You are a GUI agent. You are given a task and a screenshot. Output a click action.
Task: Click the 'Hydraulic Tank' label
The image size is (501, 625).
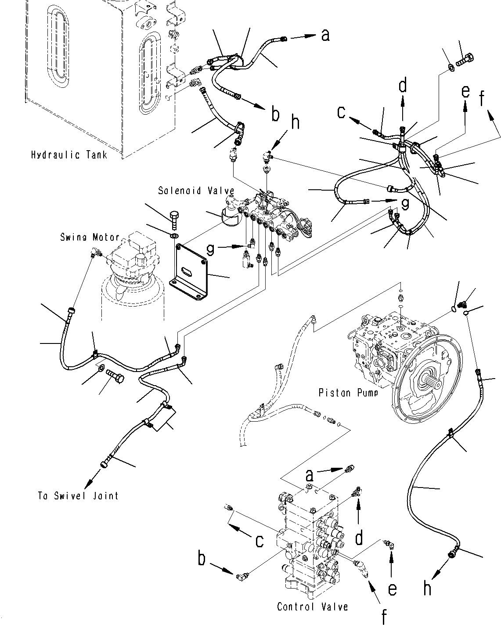(x=69, y=155)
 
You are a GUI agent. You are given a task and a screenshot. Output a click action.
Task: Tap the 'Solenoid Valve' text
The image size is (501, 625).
(x=196, y=191)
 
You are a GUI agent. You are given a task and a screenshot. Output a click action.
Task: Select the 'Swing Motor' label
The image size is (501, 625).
(x=90, y=238)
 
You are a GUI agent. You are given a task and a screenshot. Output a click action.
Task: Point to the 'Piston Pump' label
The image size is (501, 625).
(x=348, y=392)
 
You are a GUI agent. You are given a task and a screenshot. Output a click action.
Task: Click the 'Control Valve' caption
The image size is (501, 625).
(x=312, y=607)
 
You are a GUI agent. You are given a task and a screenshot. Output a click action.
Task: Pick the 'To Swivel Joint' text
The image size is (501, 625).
(x=78, y=496)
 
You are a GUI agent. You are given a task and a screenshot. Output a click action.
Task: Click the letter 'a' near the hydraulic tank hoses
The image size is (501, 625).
(x=325, y=35)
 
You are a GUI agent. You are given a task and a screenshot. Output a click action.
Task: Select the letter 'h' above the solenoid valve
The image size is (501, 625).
(x=296, y=123)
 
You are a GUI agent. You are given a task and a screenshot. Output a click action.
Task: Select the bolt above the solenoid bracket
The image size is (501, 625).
(x=174, y=220)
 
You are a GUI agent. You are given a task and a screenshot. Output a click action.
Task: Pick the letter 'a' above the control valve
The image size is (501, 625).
(x=310, y=475)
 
